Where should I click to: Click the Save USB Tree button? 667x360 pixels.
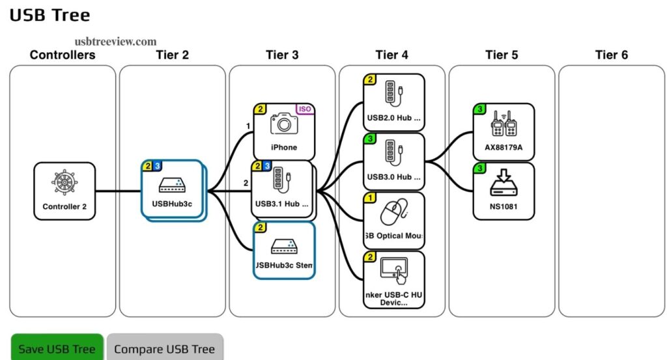point(57,348)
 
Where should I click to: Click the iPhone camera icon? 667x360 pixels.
point(283,124)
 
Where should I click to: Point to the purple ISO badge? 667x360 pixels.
point(304,109)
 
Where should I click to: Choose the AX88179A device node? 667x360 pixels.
point(504,132)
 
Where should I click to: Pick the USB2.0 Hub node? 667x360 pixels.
point(394,102)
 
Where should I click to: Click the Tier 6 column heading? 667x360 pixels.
point(611,55)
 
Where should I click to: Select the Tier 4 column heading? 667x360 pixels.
point(391,55)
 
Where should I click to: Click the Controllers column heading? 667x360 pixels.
point(63,55)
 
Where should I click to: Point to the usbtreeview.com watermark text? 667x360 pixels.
point(115,41)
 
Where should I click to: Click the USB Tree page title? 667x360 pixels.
point(50,15)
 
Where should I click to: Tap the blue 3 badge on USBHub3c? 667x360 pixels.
point(157,167)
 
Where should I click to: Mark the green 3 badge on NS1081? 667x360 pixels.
point(480,169)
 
